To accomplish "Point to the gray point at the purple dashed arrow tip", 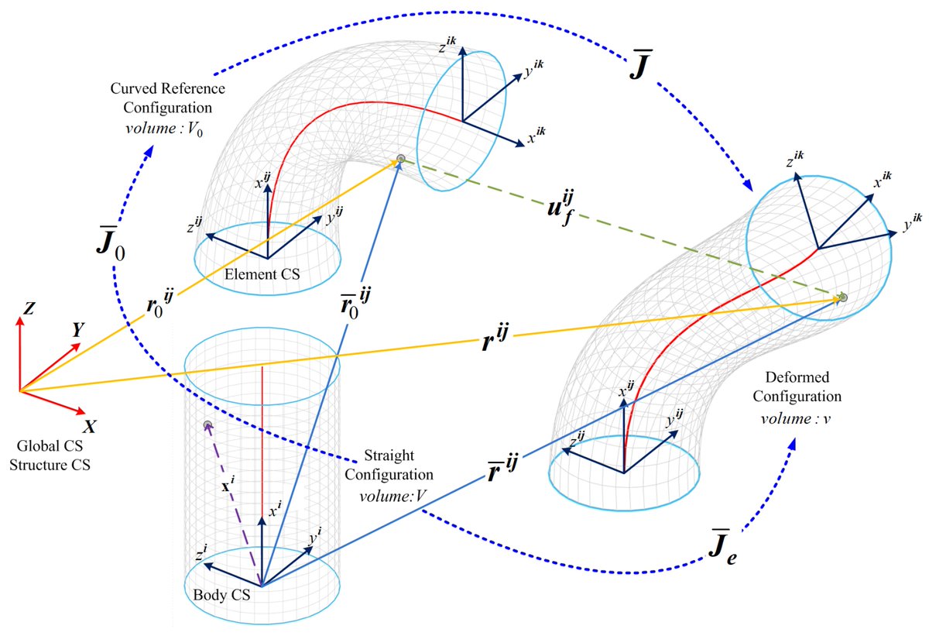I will coord(207,425).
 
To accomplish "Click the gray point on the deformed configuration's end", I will coord(843,297).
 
